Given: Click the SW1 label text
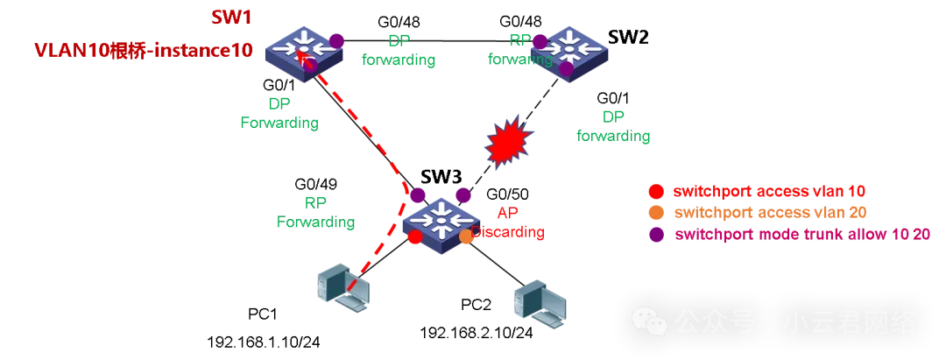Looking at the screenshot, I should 232,17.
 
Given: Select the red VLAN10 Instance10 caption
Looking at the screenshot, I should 143,51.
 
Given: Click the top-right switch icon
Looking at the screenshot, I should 571,51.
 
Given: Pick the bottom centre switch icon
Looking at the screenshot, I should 441,221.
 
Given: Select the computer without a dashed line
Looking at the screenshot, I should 540,304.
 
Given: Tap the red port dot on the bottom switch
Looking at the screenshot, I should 414,236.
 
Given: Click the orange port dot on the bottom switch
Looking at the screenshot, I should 467,236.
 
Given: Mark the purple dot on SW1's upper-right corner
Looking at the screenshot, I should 336,40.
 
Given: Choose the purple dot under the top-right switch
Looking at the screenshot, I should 567,68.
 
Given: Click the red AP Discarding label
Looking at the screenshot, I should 508,223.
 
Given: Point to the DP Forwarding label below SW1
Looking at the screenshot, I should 279,114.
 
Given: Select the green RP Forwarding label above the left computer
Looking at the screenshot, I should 315,213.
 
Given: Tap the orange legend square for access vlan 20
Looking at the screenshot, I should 655,214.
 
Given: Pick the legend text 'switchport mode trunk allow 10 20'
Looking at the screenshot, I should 801,236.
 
